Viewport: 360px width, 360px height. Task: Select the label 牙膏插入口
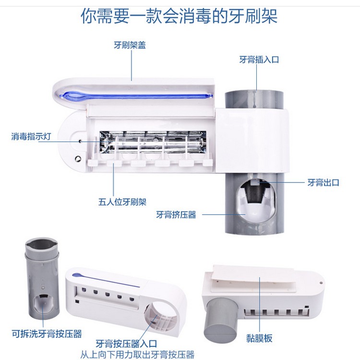259,60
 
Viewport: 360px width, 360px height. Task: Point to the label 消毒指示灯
31,137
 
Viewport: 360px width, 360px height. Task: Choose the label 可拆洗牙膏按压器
47,334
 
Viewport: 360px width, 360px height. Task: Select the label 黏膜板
259,338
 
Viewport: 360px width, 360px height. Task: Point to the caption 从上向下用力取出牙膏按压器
138,355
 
